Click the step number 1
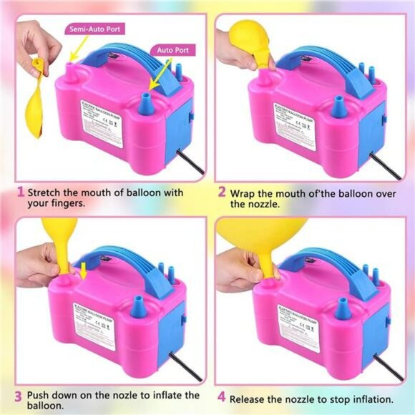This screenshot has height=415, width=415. [x=20, y=192]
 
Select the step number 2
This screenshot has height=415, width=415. [x=222, y=192]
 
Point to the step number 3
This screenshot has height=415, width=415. [x=20, y=394]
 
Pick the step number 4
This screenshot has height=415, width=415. [x=222, y=399]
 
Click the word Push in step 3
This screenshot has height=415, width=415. [x=42, y=394]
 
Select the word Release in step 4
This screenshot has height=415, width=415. [x=253, y=399]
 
